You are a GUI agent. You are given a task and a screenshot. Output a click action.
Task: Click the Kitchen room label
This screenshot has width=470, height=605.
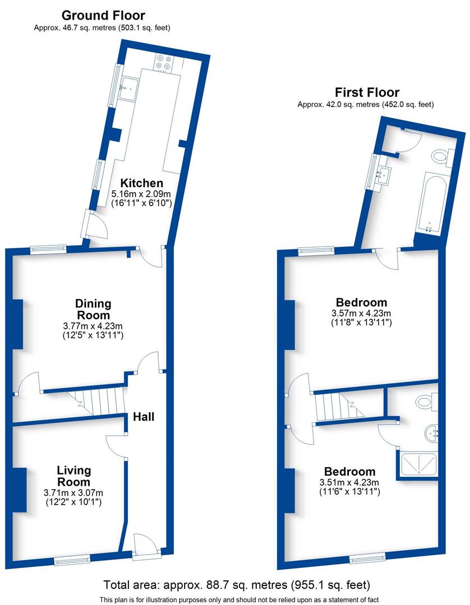click(x=142, y=183)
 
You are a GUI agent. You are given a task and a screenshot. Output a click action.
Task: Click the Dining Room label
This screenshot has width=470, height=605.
click(x=93, y=309)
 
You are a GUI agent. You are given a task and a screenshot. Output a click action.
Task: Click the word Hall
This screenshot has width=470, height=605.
click(x=144, y=417)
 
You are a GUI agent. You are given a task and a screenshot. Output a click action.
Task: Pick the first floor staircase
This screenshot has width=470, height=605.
click(x=336, y=406)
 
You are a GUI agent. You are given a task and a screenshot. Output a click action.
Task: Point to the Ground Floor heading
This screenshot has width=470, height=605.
click(x=103, y=16)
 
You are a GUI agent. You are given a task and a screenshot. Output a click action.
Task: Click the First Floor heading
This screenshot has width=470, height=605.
click(x=367, y=92)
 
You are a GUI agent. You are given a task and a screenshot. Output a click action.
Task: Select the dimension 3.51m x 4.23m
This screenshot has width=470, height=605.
click(x=348, y=482)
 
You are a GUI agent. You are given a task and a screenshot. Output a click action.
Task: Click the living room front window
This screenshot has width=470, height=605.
click(x=71, y=559)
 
